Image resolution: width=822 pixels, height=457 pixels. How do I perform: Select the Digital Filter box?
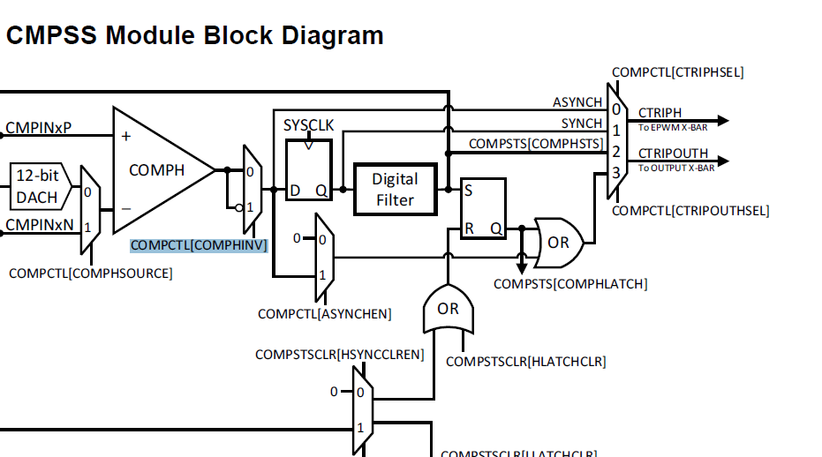point(395,189)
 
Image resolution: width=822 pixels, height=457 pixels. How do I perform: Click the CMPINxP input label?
point(38,129)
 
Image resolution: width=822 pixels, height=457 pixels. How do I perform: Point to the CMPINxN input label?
point(40,225)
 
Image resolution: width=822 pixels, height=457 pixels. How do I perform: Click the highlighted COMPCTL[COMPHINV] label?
point(198,245)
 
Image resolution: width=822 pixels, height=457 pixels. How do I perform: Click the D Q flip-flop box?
point(308,169)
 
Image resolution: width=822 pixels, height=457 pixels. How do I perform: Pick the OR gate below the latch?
point(448,309)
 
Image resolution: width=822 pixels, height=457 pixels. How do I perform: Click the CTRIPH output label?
point(660,112)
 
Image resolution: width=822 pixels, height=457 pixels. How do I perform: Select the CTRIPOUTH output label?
point(673,154)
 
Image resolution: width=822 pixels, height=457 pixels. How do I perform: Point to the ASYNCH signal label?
point(577,103)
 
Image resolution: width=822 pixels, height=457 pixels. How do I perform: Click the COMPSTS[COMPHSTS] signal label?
point(535,144)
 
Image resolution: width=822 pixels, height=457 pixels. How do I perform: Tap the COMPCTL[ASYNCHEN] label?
point(324,314)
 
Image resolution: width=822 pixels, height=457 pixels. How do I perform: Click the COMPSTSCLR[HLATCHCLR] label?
point(525,362)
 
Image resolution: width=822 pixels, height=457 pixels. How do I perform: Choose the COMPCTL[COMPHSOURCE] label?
point(90,273)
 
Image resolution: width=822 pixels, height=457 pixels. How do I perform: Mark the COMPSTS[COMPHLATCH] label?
point(569,284)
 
